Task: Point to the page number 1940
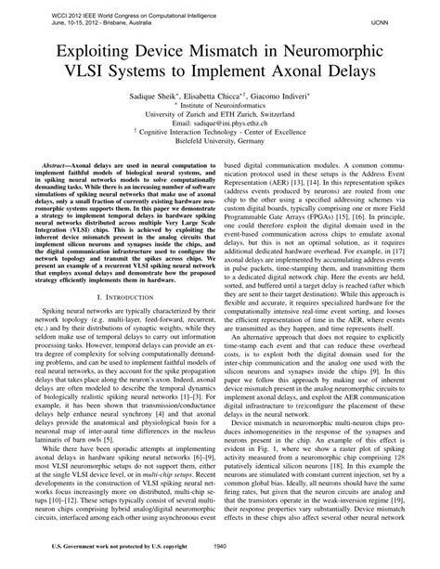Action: (220, 546)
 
